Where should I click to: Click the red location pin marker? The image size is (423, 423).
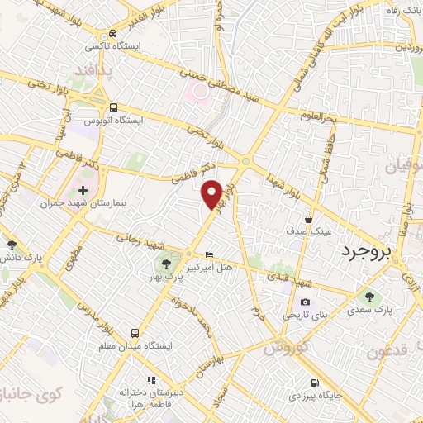tap(212, 194)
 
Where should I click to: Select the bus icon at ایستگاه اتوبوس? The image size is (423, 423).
tap(114, 107)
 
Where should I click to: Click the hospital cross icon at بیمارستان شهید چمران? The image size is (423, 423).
tap(83, 191)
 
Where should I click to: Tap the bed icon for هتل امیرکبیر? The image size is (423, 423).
tap(209, 253)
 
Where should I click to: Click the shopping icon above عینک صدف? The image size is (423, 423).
tap(308, 220)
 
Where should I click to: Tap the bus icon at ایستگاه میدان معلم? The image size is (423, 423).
tap(134, 333)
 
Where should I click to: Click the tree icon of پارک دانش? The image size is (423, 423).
tap(12, 245)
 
